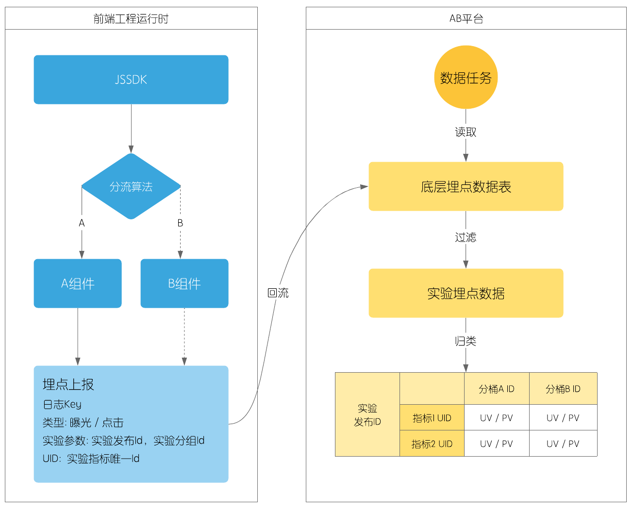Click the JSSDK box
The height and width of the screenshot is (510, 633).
131,80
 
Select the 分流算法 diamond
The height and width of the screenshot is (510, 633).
131,186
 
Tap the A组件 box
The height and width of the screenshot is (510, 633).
78,283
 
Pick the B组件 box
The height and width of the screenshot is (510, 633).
184,283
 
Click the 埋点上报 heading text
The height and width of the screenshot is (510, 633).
68,384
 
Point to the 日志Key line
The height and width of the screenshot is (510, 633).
62,404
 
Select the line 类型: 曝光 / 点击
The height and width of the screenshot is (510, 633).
83,422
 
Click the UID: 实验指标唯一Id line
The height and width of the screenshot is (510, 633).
91,459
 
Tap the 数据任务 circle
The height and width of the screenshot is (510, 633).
466,78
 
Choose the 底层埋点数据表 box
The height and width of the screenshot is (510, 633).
466,186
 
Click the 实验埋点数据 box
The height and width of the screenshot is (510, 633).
466,293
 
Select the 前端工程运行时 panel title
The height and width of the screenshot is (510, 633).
131,19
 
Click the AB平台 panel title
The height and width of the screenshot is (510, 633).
466,19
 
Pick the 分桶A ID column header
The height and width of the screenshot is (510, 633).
497,389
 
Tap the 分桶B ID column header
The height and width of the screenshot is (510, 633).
563,389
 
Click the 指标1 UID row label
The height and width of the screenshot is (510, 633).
432,418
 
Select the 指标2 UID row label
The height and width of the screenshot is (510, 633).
432,444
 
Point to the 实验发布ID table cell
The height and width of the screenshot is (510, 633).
367,415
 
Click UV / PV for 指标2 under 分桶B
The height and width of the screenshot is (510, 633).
563,444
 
